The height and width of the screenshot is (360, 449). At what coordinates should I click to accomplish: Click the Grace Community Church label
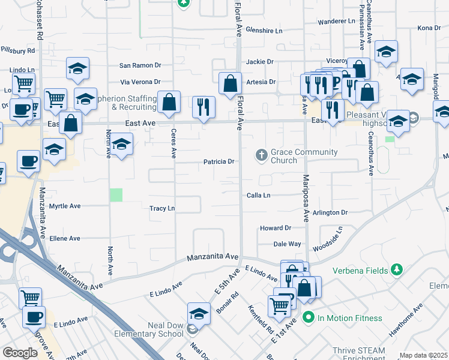coord(296,156)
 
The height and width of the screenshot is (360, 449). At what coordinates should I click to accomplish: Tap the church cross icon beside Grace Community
coord(261,155)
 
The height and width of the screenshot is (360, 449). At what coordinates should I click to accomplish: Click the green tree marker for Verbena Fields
coord(396,270)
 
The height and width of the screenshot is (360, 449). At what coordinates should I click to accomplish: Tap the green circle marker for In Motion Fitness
coord(309,317)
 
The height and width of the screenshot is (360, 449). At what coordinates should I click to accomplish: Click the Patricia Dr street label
coord(218,161)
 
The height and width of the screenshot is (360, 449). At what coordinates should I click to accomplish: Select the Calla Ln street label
coord(259,196)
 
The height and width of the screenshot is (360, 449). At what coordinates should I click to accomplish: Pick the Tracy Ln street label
coord(162,208)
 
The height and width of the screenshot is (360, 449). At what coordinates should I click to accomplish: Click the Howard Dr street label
coord(275,228)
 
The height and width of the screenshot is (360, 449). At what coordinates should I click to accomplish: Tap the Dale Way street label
coord(287,244)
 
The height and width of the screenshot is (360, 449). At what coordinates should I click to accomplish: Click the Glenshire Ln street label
coord(264,30)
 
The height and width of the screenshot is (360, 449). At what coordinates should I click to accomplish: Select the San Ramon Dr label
coord(140,65)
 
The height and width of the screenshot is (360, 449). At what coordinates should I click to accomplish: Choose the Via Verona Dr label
coord(140,82)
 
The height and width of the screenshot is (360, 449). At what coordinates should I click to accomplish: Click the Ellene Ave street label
coord(65,238)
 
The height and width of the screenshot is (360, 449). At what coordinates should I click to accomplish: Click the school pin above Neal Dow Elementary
coord(199,313)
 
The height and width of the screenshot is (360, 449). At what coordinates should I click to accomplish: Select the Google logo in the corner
coord(20,353)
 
